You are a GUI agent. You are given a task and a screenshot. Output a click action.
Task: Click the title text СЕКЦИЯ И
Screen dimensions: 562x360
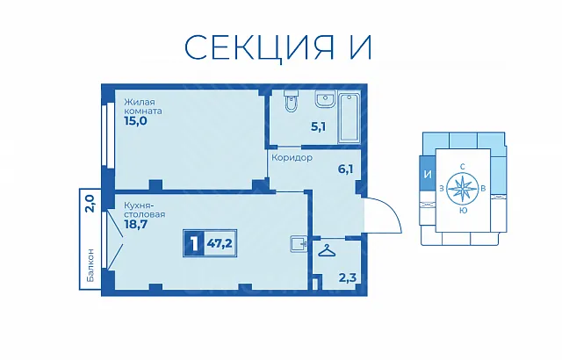point(278,47)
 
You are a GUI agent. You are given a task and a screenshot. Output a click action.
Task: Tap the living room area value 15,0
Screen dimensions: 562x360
point(135,121)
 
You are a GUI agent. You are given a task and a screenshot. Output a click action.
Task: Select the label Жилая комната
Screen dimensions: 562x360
point(142,106)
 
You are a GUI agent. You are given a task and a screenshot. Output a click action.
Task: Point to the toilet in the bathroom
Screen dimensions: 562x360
point(291,101)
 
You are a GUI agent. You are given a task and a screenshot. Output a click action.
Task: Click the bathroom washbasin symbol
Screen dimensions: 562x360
point(326,99)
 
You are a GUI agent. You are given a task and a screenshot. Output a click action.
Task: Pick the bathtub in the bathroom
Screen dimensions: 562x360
point(349,118)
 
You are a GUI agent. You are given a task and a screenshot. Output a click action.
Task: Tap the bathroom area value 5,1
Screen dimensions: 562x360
point(318,126)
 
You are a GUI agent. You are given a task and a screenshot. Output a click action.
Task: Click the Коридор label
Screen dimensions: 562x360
point(292,158)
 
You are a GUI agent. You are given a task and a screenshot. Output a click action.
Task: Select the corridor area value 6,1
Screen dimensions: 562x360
point(345,169)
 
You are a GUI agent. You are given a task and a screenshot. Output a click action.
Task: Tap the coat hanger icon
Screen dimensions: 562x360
point(328,251)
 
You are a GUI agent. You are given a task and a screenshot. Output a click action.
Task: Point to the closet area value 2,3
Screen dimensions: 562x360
point(348,277)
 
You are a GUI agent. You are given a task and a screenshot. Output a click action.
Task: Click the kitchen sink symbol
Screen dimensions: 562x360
point(299,245)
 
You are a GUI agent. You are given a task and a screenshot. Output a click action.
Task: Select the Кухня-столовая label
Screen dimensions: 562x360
point(144,210)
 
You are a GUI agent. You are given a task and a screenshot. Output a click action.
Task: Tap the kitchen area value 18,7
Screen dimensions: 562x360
point(135,225)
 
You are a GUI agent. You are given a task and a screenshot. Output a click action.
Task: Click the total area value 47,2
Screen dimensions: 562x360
point(220,243)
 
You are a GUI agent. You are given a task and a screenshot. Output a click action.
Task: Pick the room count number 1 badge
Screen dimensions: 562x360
point(194,243)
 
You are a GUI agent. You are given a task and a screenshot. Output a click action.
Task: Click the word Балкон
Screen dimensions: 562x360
point(91,264)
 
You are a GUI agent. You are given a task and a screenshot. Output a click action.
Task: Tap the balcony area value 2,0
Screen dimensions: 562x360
point(90,204)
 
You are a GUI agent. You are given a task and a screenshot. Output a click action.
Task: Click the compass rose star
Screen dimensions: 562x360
point(463,188)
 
